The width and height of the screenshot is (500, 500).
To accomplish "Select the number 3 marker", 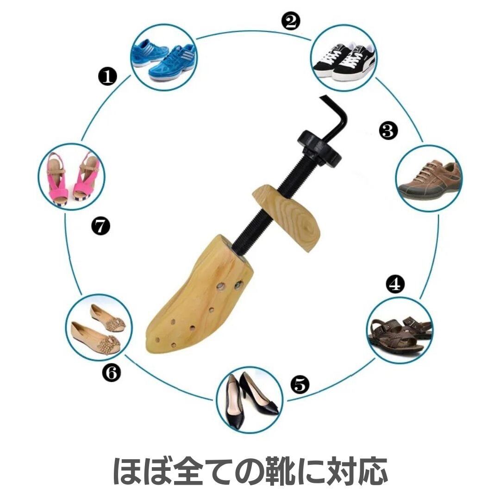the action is pos(388,131).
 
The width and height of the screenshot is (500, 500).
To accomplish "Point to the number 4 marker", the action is pos(395,284).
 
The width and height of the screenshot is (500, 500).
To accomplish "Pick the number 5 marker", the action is pos(300,384).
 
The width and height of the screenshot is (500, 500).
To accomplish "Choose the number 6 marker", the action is pos(112,372).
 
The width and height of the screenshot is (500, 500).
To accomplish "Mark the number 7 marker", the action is pos(100,226).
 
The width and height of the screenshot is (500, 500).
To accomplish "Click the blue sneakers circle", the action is pos(163,57).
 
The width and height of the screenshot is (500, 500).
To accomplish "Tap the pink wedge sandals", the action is pos(71,177).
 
